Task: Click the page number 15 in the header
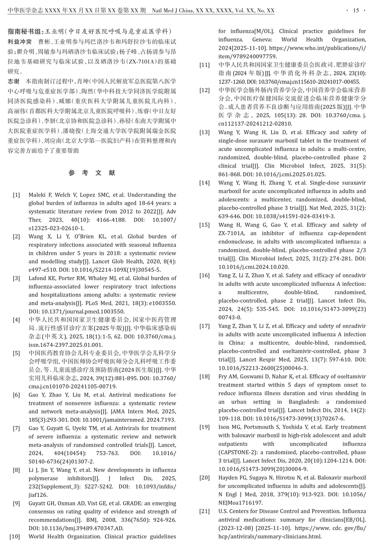click(x=356, y=10)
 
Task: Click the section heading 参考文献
click(x=92, y=173)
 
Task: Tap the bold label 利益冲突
click(x=20, y=42)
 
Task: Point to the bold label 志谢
click(x=13, y=81)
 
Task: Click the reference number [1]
click(x=16, y=195)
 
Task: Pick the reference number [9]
click(x=16, y=503)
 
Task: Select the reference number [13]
click(x=204, y=132)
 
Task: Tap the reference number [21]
click(x=204, y=511)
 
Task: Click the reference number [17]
click(x=204, y=326)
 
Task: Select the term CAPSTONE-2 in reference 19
click(x=237, y=452)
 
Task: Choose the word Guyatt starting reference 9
click(x=38, y=503)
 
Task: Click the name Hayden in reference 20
click(x=228, y=478)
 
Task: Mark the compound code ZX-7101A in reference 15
click(x=232, y=233)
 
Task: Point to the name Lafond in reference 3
click(x=37, y=278)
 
